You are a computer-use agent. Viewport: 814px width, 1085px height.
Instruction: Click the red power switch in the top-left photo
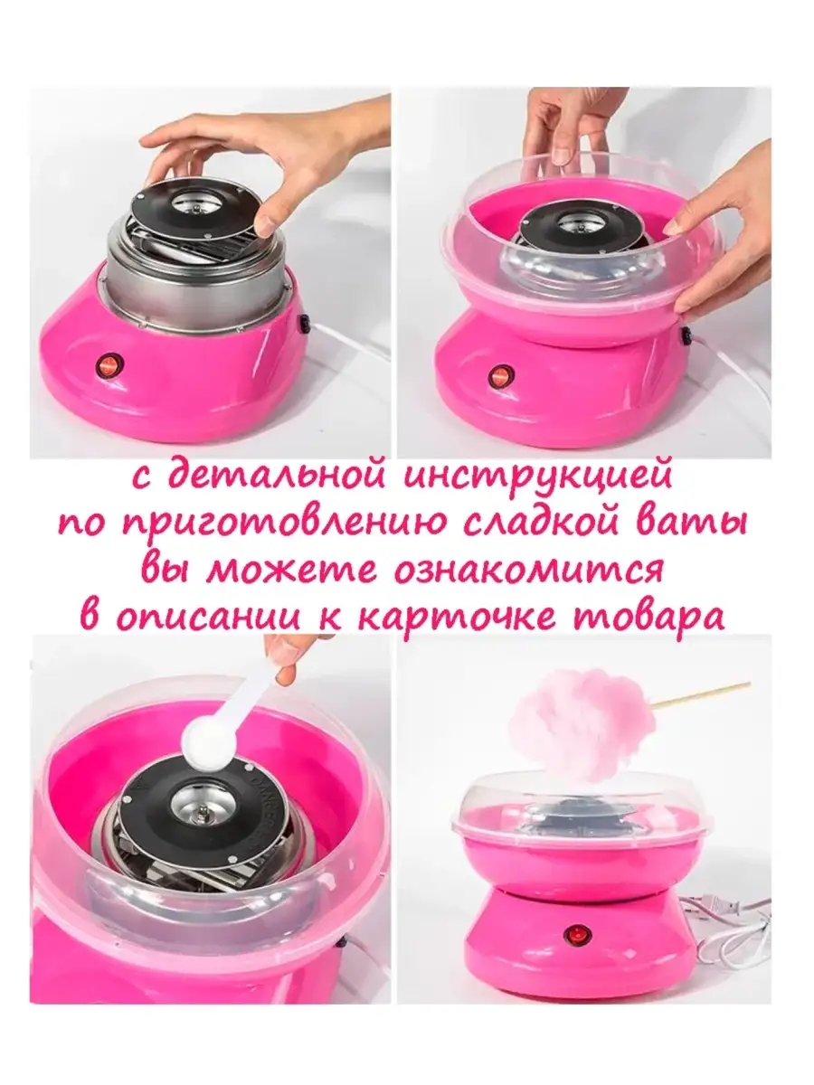click(x=109, y=366)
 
